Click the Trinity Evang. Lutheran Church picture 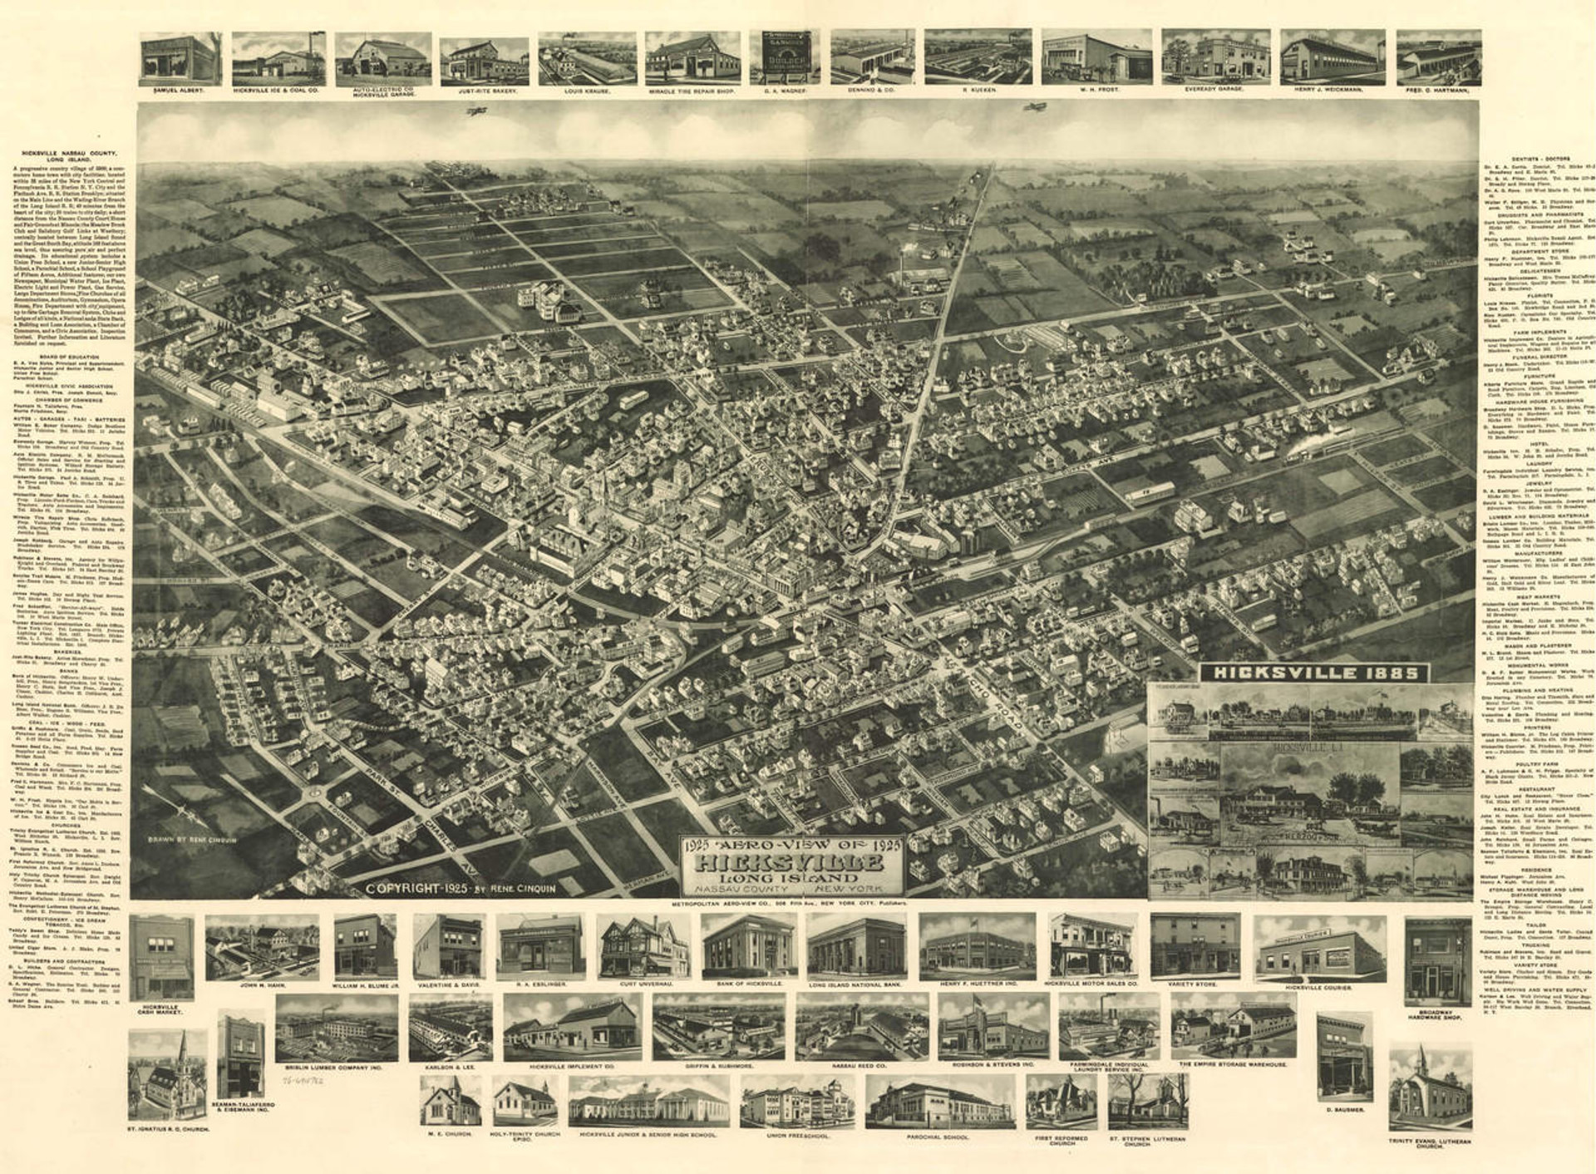click(1430, 1090)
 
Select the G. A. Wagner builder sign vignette click(785, 56)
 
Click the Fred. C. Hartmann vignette click(1438, 57)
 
